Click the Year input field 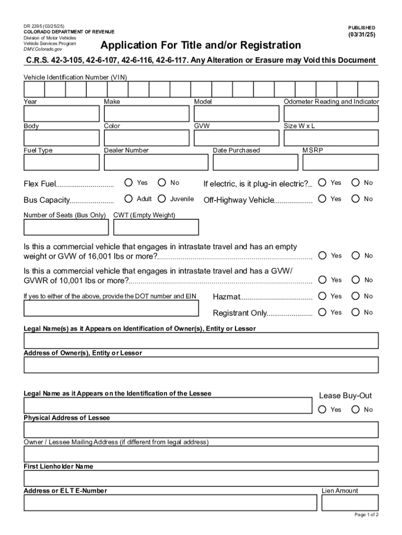pyautogui.click(x=61, y=114)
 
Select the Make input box pyautogui.click(x=146, y=114)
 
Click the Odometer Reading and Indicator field pyautogui.click(x=331, y=114)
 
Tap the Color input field pyautogui.click(x=146, y=138)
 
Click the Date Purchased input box pyautogui.click(x=256, y=162)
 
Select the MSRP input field pyautogui.click(x=340, y=162)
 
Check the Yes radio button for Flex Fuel pyautogui.click(x=128, y=182)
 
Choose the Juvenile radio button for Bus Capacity pyautogui.click(x=161, y=199)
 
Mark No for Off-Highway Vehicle pyautogui.click(x=356, y=199)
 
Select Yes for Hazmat pyautogui.click(x=322, y=296)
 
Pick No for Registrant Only pyautogui.click(x=356, y=312)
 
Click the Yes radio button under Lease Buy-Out pyautogui.click(x=322, y=409)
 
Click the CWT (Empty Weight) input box pyautogui.click(x=156, y=227)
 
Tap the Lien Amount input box pyautogui.click(x=350, y=503)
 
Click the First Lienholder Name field pyautogui.click(x=201, y=479)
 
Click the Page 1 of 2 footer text pyautogui.click(x=366, y=515)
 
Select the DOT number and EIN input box pyautogui.click(x=111, y=308)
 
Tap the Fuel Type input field pyautogui.click(x=61, y=162)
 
